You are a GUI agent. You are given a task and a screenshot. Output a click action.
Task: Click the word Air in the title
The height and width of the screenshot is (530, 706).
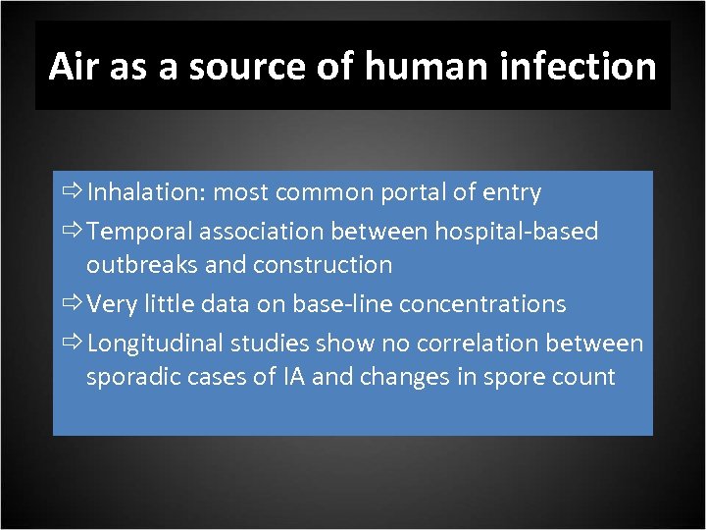point(73,67)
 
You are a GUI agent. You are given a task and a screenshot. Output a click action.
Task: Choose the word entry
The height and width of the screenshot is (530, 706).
point(512,193)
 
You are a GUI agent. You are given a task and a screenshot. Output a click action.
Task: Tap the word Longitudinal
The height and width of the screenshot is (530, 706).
point(157,344)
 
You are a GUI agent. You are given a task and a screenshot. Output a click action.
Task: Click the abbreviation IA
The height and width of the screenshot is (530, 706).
point(293,377)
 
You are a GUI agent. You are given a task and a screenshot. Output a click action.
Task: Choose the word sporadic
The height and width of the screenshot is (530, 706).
point(130,377)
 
